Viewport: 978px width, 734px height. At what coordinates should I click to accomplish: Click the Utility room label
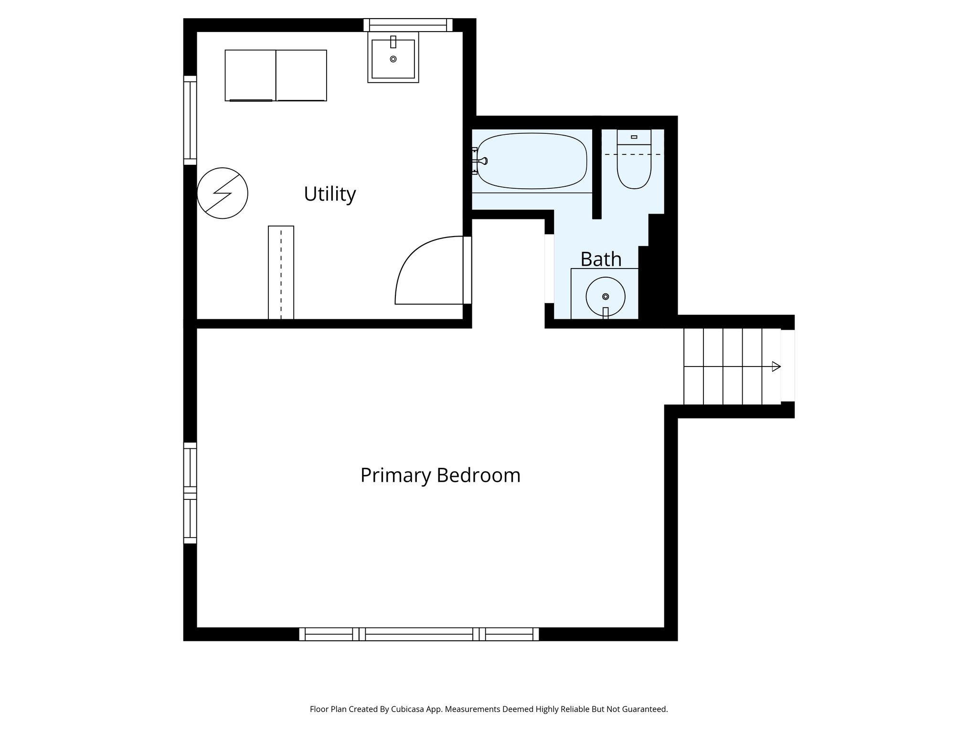click(x=330, y=194)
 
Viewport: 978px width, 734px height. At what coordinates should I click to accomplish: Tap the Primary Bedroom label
click(x=440, y=475)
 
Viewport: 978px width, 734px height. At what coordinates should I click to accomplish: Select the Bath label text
click(x=600, y=259)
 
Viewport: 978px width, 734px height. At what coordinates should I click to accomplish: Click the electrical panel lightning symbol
click(x=223, y=193)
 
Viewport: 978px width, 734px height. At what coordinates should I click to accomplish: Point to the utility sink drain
click(x=393, y=59)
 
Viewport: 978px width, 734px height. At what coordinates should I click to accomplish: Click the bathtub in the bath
click(x=532, y=161)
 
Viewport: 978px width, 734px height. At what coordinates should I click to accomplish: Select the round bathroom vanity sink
click(x=605, y=296)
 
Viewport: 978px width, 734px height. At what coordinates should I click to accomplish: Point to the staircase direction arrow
click(x=776, y=367)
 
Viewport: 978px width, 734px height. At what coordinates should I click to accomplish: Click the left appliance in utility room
click(x=250, y=75)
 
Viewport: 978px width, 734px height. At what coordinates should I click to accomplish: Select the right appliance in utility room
click(x=301, y=75)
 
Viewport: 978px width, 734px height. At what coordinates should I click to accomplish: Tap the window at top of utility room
click(x=408, y=25)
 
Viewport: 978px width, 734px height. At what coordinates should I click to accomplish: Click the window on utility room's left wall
click(x=190, y=120)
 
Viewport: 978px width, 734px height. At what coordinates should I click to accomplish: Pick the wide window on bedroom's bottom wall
click(x=419, y=634)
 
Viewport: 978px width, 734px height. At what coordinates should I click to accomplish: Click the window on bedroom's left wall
click(x=190, y=493)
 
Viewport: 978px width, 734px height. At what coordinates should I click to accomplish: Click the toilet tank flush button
click(x=634, y=137)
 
